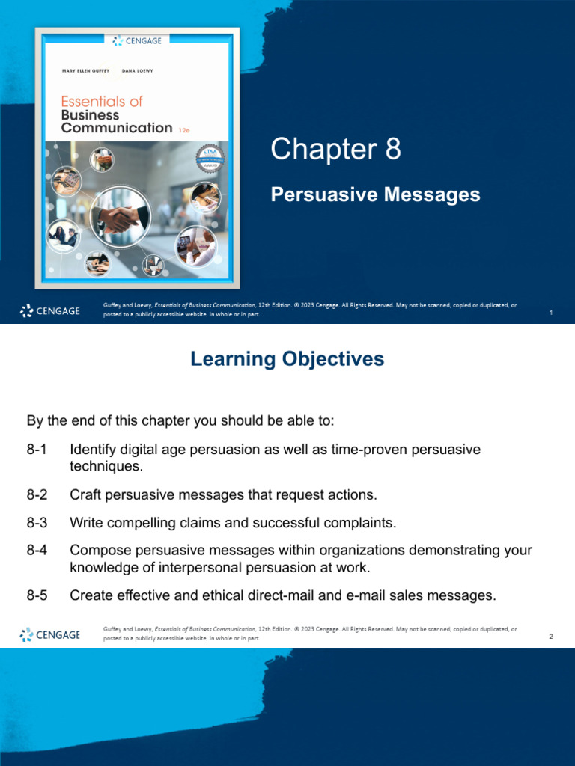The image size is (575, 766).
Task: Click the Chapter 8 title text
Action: point(336,149)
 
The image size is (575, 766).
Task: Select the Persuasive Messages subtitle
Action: point(376,194)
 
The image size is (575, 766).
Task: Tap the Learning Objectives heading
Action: point(287,359)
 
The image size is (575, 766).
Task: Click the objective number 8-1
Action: point(37,450)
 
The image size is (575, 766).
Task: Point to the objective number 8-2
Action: point(37,495)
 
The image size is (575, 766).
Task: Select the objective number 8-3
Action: point(37,523)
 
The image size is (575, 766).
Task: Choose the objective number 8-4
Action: point(37,550)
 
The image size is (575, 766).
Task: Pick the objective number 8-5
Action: point(37,595)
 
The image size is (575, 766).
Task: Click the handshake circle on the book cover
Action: point(121,217)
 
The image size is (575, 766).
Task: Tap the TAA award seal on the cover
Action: point(210,159)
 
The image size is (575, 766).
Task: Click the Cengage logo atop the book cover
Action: point(137,41)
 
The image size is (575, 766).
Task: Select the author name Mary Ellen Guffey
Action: point(85,71)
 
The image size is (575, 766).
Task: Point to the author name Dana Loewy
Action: point(138,71)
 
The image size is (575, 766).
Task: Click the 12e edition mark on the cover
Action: point(184,130)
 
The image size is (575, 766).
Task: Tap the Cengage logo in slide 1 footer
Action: point(50,310)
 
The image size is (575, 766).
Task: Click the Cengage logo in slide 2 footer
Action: point(50,634)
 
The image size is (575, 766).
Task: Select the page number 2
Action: point(551,636)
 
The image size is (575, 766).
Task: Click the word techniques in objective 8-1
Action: point(106,466)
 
